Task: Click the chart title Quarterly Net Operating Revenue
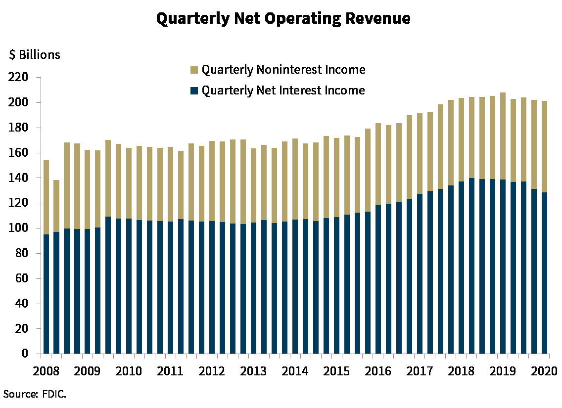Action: [x=283, y=18]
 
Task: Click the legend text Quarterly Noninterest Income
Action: [x=283, y=70]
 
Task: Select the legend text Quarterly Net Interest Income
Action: [x=283, y=91]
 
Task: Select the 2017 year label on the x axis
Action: [x=420, y=370]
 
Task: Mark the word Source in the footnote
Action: [x=19, y=394]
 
